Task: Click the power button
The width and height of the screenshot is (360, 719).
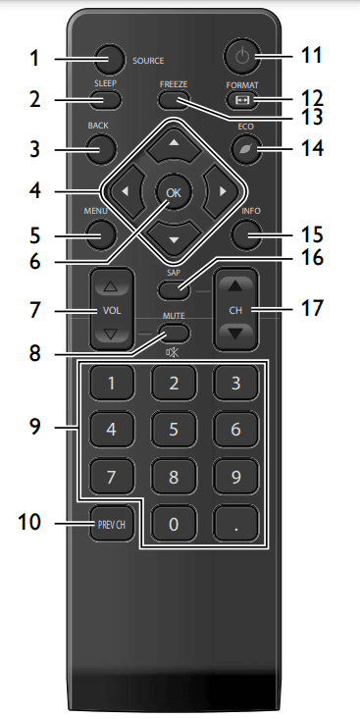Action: (x=239, y=56)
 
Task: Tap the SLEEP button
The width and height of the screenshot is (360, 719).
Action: (x=107, y=99)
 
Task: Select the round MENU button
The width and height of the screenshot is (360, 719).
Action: (x=100, y=233)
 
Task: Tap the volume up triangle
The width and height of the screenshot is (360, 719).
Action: (x=112, y=286)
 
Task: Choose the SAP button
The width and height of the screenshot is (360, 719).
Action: (x=173, y=288)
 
